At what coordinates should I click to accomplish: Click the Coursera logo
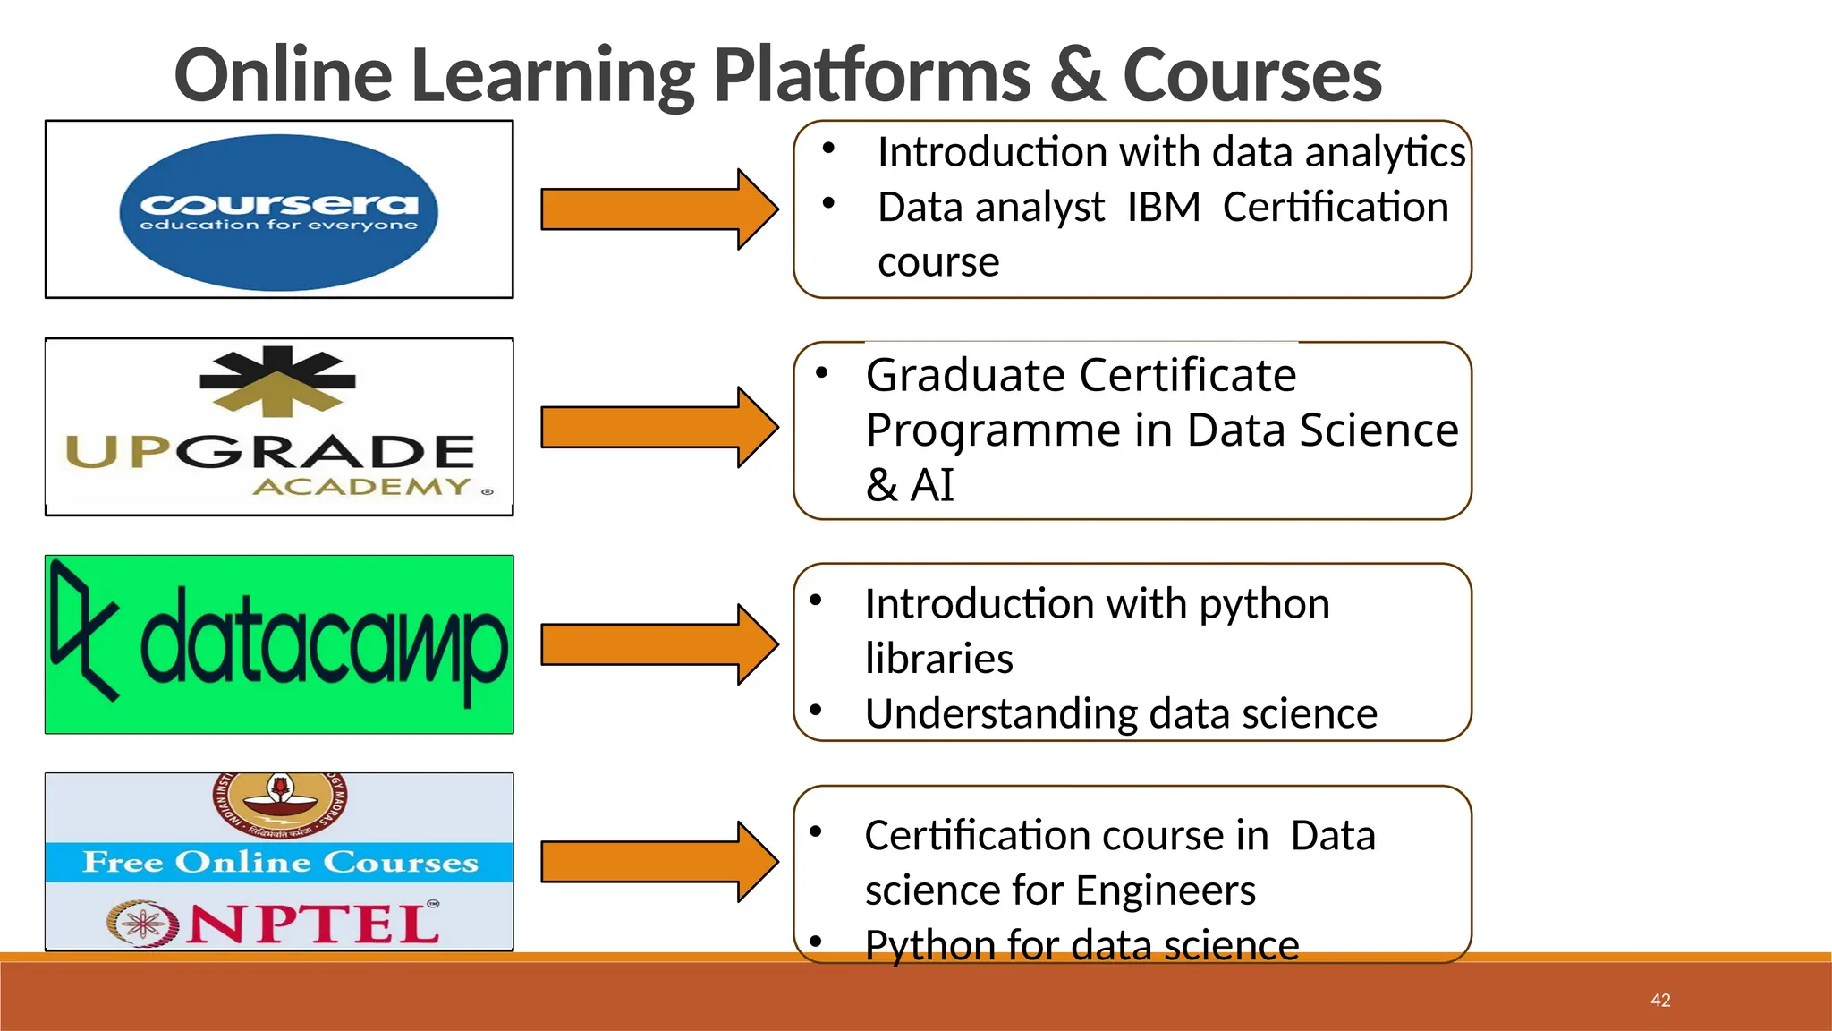click(x=278, y=211)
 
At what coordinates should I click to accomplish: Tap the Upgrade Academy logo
click(x=278, y=427)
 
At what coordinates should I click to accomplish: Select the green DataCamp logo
click(x=278, y=644)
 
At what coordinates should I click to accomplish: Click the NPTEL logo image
click(x=278, y=861)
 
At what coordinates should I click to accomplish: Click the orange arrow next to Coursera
click(x=658, y=209)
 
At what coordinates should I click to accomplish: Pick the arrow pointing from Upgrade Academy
click(x=658, y=427)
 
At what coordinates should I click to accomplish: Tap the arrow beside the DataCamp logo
click(x=658, y=644)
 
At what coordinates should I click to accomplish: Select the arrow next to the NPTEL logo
click(x=658, y=862)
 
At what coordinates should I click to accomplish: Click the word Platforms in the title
click(x=872, y=75)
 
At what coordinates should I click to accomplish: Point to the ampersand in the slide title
click(x=1077, y=75)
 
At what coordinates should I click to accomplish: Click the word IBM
click(x=1163, y=208)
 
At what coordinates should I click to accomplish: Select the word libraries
click(x=938, y=659)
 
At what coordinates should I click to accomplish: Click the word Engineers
click(x=1166, y=890)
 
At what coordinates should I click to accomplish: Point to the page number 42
click(x=1660, y=1001)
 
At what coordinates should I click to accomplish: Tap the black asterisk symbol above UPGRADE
click(x=277, y=379)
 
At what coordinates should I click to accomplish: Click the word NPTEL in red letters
click(x=313, y=924)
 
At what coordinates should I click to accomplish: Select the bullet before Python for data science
click(x=816, y=942)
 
